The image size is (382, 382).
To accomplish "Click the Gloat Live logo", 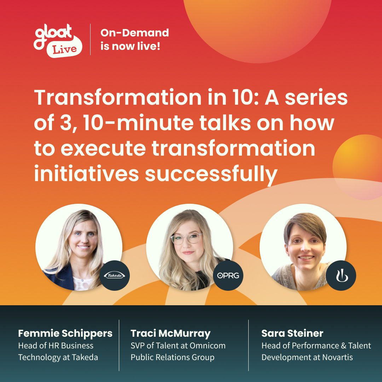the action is pyautogui.click(x=58, y=41).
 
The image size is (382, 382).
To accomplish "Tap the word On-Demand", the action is pyautogui.click(x=134, y=33).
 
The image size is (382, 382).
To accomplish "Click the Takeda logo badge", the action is pyautogui.click(x=115, y=276).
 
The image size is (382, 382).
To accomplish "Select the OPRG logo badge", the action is pyautogui.click(x=228, y=276).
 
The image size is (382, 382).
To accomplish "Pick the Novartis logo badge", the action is pyautogui.click(x=341, y=276).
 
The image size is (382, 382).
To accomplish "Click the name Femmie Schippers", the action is pyautogui.click(x=65, y=333).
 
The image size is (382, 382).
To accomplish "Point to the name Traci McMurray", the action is pyautogui.click(x=170, y=334).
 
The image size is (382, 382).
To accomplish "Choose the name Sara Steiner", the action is pyautogui.click(x=293, y=333).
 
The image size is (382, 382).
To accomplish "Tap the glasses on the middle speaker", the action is pyautogui.click(x=186, y=238).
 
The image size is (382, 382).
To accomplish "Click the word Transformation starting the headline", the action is pyautogui.click(x=118, y=97).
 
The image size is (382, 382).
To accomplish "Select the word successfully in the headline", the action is pyautogui.click(x=211, y=174).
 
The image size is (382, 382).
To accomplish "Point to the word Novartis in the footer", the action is pyautogui.click(x=337, y=357).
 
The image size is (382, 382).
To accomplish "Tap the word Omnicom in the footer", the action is pyautogui.click(x=208, y=346).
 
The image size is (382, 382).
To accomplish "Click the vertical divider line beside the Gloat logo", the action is pyautogui.click(x=91, y=39).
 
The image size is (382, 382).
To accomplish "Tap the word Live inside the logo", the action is pyautogui.click(x=65, y=50).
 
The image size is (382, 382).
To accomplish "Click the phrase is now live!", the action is pyautogui.click(x=130, y=46).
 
